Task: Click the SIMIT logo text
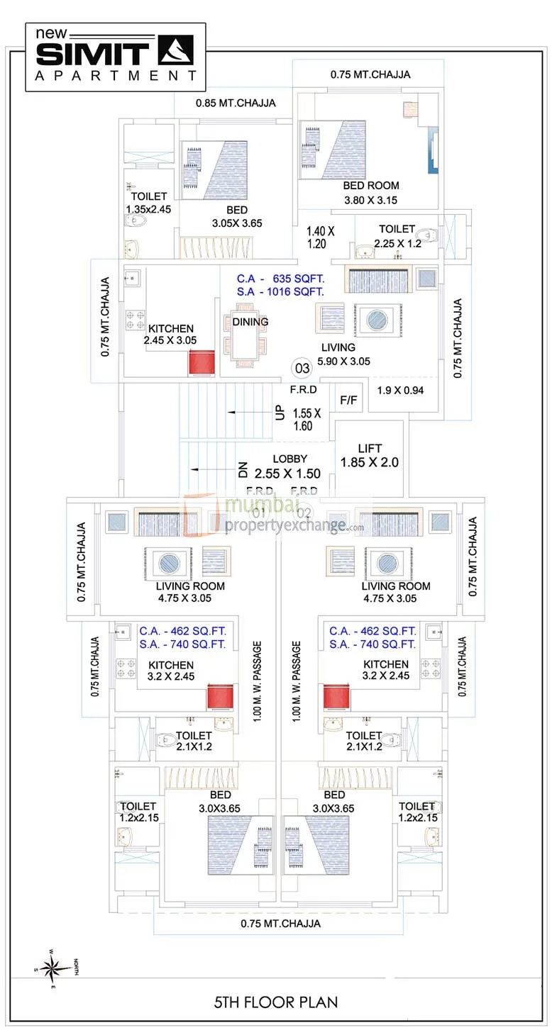(92, 55)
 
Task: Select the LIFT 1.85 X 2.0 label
(370, 455)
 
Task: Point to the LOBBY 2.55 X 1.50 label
(287, 467)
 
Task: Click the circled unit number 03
(302, 369)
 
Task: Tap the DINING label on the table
(250, 322)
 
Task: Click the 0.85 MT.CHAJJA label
(236, 103)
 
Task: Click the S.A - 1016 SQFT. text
(280, 291)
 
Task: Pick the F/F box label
(348, 401)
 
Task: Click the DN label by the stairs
(242, 469)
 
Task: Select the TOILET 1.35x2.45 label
(149, 203)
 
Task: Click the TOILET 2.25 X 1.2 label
(396, 235)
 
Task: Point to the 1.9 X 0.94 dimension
(399, 390)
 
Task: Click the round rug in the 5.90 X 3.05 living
(375, 320)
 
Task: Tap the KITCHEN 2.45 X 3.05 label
(170, 335)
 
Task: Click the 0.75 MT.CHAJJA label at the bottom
(280, 923)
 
